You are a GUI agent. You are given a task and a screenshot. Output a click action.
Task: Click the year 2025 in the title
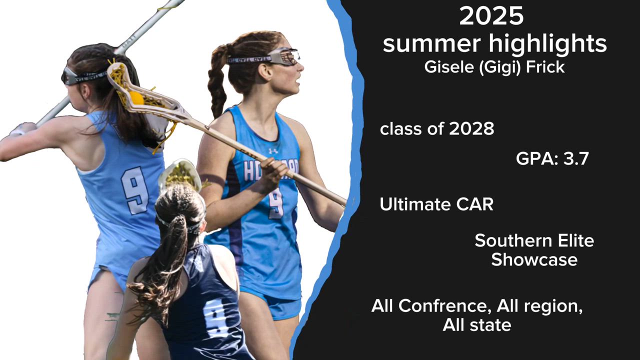pos(491,16)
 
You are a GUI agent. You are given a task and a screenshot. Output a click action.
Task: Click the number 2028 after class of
pos(471,129)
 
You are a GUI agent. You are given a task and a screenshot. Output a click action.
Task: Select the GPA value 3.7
pos(576,159)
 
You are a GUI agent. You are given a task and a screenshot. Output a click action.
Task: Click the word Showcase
pos(534,259)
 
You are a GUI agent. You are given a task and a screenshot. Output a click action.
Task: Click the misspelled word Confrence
pos(442,306)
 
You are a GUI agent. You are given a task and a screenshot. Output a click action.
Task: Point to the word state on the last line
pos(491,325)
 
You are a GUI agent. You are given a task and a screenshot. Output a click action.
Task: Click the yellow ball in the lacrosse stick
pos(136,97)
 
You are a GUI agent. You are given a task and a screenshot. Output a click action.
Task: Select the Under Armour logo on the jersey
pos(273,151)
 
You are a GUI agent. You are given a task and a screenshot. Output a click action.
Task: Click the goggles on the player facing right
pos(282,56)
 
